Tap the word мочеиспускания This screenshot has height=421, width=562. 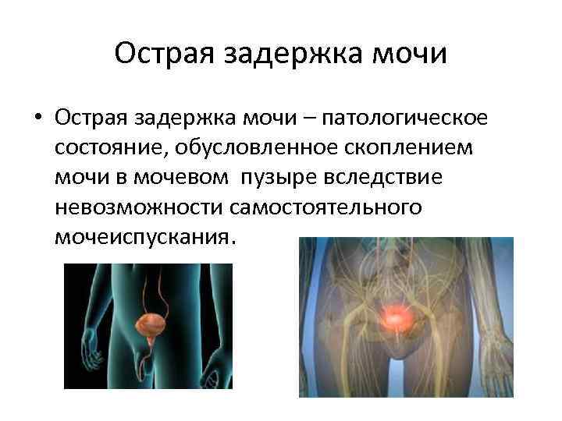[x=141, y=236]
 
